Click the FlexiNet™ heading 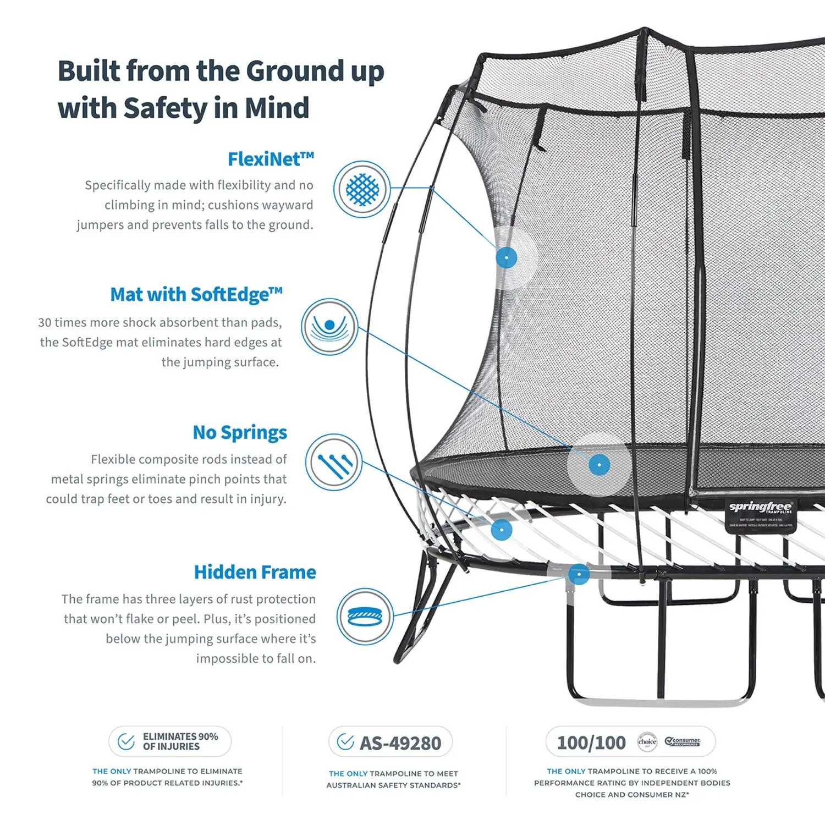point(271,159)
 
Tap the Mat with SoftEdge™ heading point(196,295)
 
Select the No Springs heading point(240,433)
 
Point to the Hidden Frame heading point(255,572)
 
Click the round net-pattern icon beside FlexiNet point(362,189)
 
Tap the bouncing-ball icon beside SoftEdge point(329,327)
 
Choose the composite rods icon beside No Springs point(334,463)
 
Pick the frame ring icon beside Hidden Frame point(365,616)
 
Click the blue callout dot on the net point(506,257)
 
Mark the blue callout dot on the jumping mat point(599,465)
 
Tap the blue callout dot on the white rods point(501,530)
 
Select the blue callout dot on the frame point(579,575)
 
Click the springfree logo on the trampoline point(761,507)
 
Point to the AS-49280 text point(400,744)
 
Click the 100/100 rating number point(591,743)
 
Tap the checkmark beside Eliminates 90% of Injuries point(127,741)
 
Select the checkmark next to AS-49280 point(345,742)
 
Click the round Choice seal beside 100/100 point(647,741)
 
